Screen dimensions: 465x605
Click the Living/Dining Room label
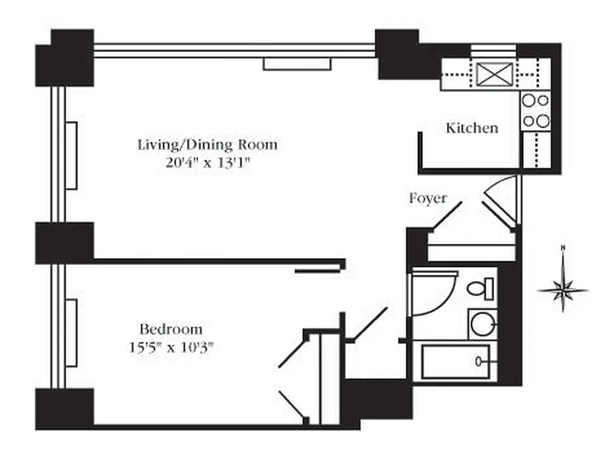click(x=207, y=144)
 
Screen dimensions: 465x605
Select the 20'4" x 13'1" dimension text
click(x=207, y=163)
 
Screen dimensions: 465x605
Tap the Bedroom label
click(x=171, y=330)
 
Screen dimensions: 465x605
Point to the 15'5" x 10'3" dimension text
click(x=171, y=348)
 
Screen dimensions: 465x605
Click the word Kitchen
click(x=472, y=128)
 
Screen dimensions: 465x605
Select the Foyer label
click(x=428, y=198)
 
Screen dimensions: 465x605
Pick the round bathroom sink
click(x=482, y=324)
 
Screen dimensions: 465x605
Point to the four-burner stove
click(x=535, y=110)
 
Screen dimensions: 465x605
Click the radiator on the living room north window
click(x=297, y=64)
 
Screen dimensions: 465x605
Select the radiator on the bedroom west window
click(x=72, y=332)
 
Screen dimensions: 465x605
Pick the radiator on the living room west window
click(x=72, y=155)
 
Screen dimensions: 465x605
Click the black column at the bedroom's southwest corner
click(x=65, y=409)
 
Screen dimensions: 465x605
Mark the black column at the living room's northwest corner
click(x=65, y=58)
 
